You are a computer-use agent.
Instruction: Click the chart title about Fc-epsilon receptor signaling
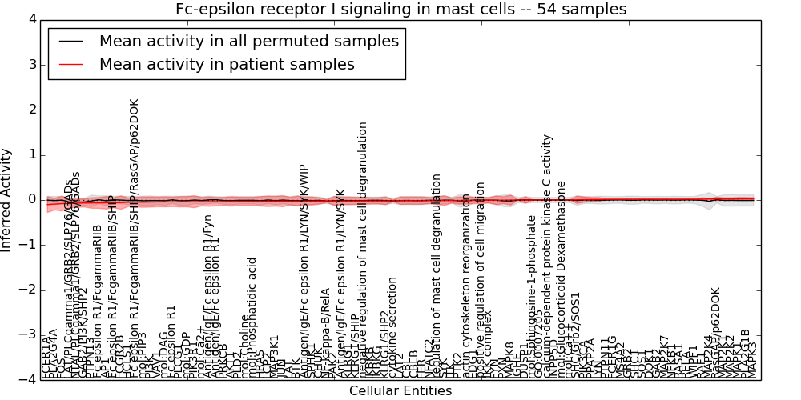[400, 9]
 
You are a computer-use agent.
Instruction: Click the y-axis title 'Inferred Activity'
[7, 199]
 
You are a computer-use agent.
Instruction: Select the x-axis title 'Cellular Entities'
[400, 391]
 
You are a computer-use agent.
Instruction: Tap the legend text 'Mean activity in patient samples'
[227, 65]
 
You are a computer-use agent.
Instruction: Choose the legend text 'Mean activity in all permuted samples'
[249, 42]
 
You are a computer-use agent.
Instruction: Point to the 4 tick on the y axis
[31, 19]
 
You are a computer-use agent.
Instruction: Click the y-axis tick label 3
[31, 64]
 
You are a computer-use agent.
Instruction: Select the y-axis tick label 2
[31, 109]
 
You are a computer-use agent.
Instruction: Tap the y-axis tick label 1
[31, 154]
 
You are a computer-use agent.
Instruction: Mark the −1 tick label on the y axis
[28, 245]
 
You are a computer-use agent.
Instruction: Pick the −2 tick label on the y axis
[28, 290]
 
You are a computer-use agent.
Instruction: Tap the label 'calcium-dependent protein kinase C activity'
[548, 256]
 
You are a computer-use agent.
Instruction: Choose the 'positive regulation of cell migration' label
[481, 276]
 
